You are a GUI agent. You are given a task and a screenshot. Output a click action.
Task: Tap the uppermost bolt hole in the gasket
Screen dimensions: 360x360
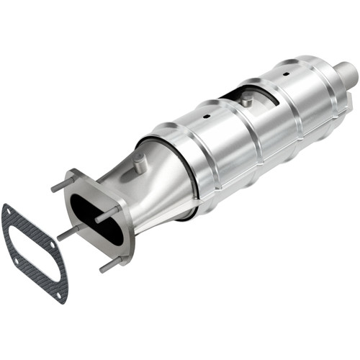point(9,210)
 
